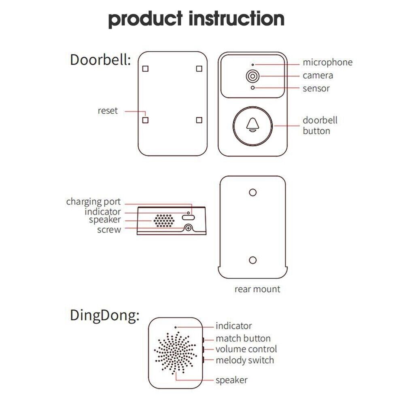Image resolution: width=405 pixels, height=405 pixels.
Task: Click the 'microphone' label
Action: point(327,62)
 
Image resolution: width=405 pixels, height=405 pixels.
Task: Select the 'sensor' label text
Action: point(316,88)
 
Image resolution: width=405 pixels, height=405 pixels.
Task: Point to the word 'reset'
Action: point(108,110)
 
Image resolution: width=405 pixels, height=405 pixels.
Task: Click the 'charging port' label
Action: point(93,202)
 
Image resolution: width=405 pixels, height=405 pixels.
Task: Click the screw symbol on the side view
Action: point(188,229)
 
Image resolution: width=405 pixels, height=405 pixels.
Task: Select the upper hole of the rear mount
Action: point(253,193)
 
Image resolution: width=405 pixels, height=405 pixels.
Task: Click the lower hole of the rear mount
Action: point(253,260)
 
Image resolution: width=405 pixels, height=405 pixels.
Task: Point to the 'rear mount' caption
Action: point(257,289)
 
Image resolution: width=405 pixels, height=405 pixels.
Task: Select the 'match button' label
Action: point(243,339)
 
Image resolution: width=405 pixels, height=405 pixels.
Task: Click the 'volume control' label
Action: point(246,349)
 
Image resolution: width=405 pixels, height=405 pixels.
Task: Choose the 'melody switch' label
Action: point(244,360)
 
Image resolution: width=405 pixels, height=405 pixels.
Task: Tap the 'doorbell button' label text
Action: point(320,125)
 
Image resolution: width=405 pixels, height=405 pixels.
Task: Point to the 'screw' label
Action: point(109,230)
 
